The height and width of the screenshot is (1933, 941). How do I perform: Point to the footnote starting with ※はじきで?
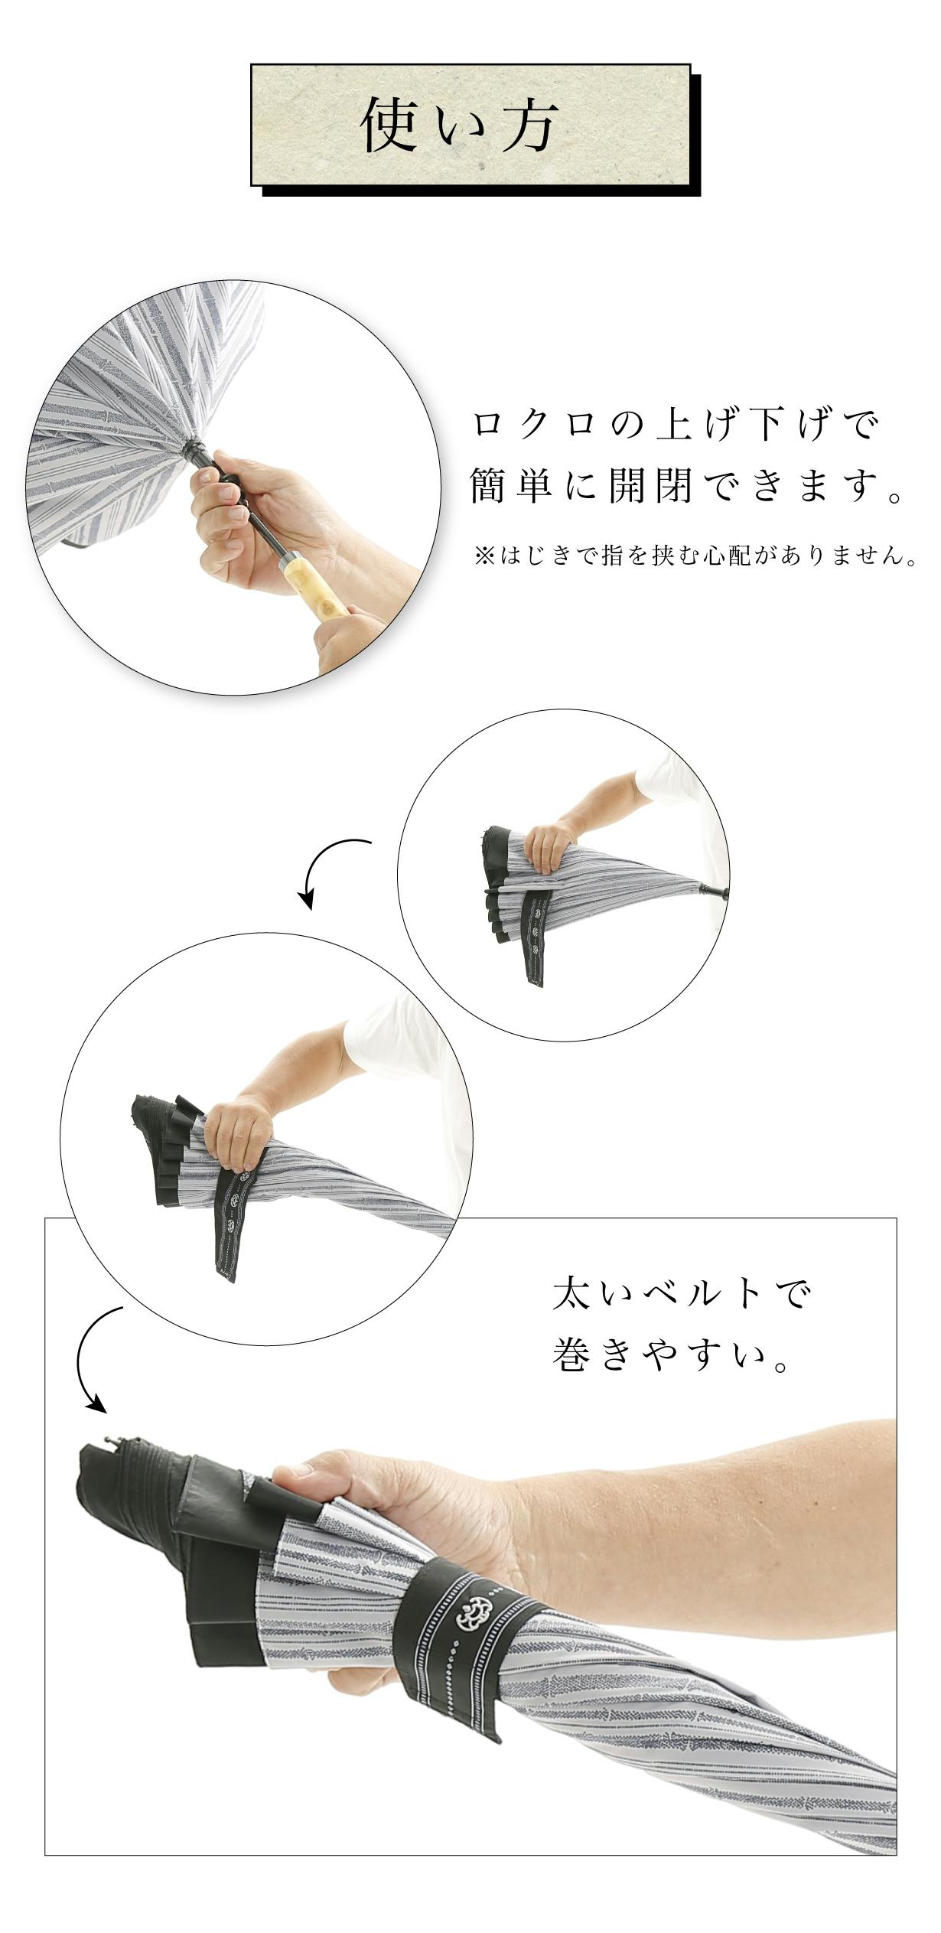pyautogui.click(x=696, y=556)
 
